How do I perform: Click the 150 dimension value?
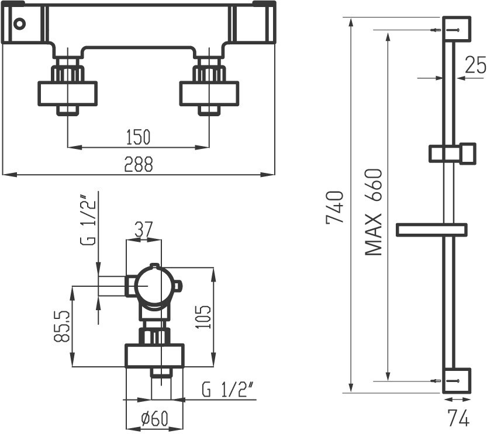(x=139, y=137)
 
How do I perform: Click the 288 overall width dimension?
(x=139, y=165)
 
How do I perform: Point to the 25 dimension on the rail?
(x=475, y=65)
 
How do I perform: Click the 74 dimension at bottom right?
(x=457, y=418)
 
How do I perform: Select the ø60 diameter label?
(x=155, y=419)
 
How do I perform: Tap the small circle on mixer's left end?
(x=20, y=24)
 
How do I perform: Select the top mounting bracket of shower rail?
(x=457, y=29)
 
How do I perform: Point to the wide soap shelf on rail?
(x=431, y=230)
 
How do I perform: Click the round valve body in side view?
(x=153, y=286)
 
